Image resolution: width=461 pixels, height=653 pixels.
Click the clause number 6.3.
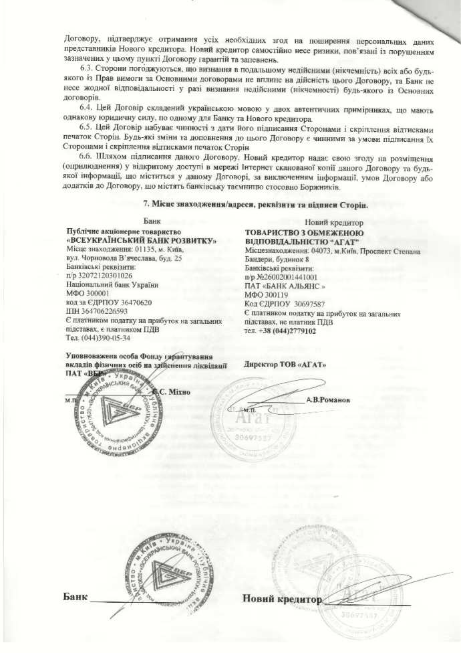[x=87, y=69]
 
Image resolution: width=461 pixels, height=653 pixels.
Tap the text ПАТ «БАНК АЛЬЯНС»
[x=285, y=284]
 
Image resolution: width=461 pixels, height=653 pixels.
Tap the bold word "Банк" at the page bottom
[x=75, y=595]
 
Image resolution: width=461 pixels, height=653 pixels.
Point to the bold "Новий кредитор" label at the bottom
[x=281, y=597]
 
